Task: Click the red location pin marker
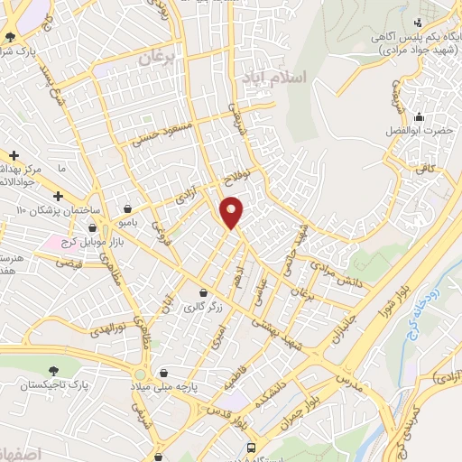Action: pyautogui.click(x=233, y=211)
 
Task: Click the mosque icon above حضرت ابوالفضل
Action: pyautogui.click(x=418, y=116)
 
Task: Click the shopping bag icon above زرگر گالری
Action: pyautogui.click(x=203, y=293)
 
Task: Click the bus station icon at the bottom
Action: pyautogui.click(x=251, y=448)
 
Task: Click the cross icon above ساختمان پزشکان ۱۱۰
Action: pyautogui.click(x=59, y=196)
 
